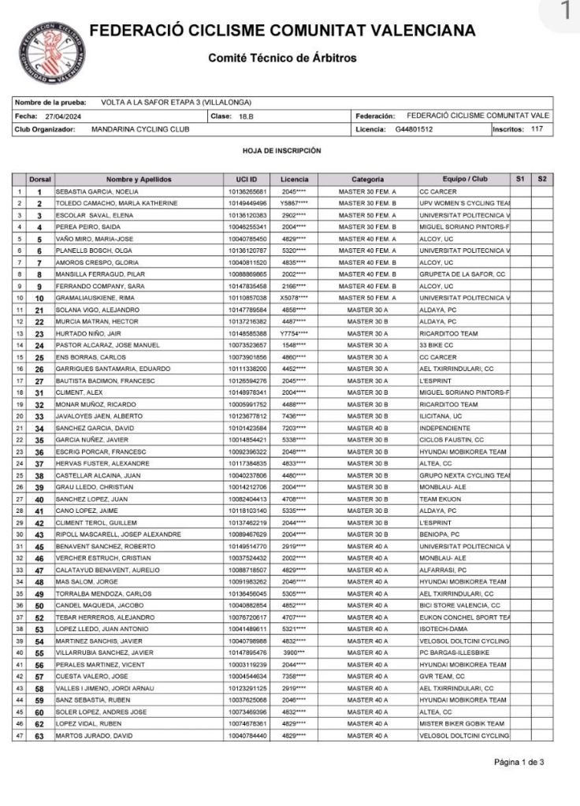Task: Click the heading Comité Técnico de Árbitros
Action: coord(282,58)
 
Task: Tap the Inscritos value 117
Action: coord(537,128)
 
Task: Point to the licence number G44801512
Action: coord(414,128)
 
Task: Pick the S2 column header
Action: coord(541,180)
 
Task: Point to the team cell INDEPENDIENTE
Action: coord(445,428)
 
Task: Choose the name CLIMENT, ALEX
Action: coord(74,392)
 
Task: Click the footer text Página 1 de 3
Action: coord(519,763)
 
